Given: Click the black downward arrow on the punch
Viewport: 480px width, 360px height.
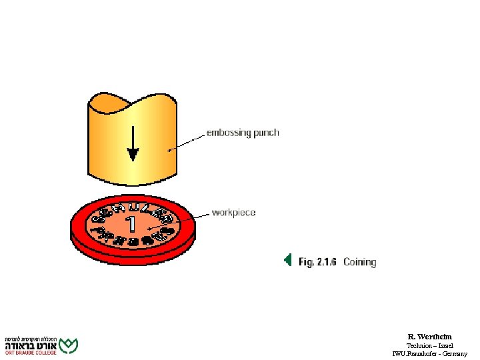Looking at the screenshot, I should (x=133, y=144).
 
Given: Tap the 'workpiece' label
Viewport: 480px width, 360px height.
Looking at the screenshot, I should (x=233, y=213).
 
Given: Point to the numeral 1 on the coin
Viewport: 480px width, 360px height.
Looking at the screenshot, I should (x=133, y=223).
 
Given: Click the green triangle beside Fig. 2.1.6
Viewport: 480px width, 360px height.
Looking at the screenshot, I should (x=287, y=260).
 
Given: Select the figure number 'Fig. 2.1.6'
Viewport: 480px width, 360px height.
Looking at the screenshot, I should (x=318, y=262).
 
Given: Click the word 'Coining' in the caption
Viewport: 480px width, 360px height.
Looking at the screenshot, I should (x=360, y=262).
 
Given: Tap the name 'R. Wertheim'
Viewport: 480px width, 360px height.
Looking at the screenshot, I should (x=429, y=337).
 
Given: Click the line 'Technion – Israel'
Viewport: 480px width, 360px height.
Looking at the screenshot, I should (x=429, y=345).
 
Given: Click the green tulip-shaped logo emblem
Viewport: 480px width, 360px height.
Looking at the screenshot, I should (x=69, y=345).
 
